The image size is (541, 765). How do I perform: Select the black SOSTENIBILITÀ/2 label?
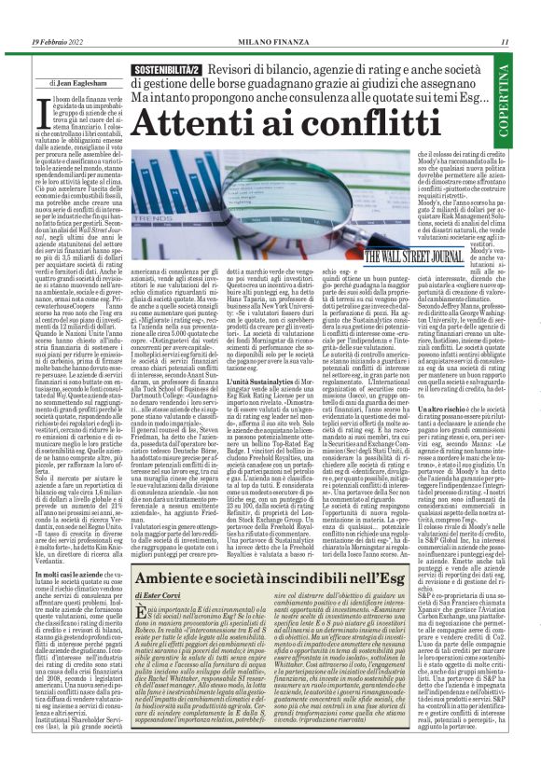click(x=171, y=70)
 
